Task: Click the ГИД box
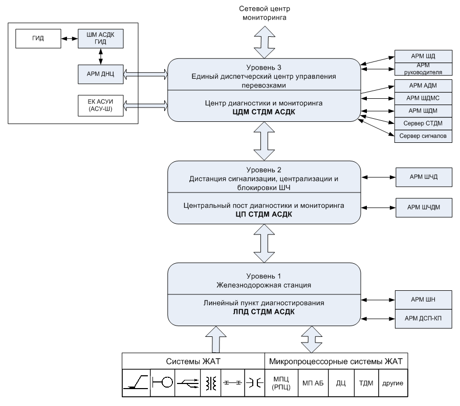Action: [38, 38]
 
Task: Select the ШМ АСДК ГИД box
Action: [101, 38]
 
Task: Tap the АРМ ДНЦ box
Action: [101, 74]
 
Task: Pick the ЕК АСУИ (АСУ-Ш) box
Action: [101, 105]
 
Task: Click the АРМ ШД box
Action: [423, 56]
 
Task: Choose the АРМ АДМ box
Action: [423, 86]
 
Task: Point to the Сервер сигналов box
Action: [423, 136]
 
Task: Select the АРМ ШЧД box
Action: [424, 177]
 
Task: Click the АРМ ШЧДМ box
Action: [424, 207]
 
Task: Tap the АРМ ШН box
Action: [423, 300]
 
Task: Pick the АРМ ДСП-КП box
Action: [423, 318]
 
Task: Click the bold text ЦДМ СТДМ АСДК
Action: [264, 112]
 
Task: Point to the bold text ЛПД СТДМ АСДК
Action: [264, 312]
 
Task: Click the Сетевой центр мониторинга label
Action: [265, 13]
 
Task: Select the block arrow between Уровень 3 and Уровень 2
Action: [264, 141]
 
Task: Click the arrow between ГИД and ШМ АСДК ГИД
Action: [70, 38]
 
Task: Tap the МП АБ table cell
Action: [313, 383]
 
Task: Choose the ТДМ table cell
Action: [366, 383]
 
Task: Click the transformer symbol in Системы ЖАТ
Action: [211, 383]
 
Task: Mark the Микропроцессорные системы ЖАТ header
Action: [336, 361]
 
